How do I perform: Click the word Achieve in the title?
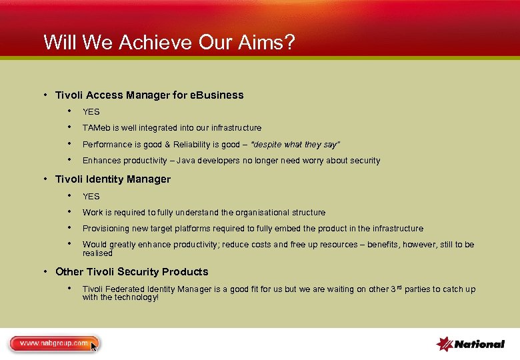[155, 42]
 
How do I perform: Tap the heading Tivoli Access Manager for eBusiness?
[149, 95]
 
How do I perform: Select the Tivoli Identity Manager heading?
[113, 179]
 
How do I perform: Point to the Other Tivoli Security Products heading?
[131, 271]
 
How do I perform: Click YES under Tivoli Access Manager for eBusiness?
[91, 112]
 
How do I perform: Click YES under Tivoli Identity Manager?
[91, 196]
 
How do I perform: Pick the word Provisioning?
[106, 229]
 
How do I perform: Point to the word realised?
[97, 253]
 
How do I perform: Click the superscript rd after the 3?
[400, 287]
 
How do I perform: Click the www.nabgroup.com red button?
[53, 343]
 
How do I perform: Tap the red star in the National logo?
[445, 343]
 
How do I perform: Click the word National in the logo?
[479, 344]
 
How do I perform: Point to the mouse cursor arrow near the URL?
[94, 346]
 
